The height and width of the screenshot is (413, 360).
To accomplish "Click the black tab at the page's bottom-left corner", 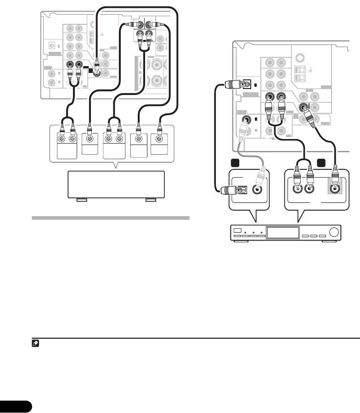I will coord(16,406).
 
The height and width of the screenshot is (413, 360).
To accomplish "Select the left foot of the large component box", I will coord(82,201).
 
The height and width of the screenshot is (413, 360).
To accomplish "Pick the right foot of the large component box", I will coord(150,201).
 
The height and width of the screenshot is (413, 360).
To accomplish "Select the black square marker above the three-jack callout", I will coord(320,163).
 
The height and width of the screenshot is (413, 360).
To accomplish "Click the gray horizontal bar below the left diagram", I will coord(110,218).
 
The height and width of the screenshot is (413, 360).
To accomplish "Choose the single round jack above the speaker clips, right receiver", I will coord(300,58).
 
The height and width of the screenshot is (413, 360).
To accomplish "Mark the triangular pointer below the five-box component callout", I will coord(117,166).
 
